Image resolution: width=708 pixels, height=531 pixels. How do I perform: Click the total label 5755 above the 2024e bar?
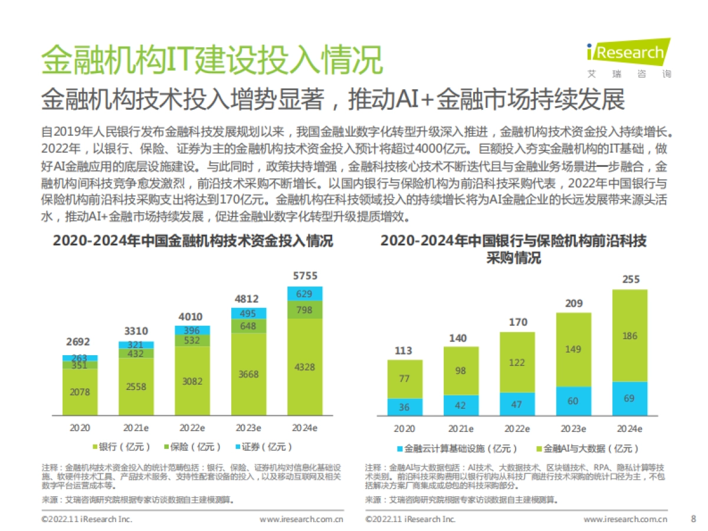305,276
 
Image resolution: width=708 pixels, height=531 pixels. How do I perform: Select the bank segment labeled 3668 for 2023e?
248,375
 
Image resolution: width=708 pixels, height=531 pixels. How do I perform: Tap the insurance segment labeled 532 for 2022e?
192,340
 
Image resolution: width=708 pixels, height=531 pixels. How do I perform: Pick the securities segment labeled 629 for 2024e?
305,293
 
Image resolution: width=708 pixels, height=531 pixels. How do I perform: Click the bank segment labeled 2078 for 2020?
80,392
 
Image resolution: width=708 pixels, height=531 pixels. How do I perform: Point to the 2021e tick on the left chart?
136,428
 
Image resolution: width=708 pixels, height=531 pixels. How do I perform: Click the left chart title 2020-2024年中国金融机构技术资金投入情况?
193,241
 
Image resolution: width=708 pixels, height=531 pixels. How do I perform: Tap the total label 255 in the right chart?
631,279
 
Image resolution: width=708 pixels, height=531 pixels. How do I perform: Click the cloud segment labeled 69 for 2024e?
630,399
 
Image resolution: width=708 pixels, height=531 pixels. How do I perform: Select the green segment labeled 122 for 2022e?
517,362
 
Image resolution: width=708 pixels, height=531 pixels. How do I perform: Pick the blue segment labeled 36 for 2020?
404,407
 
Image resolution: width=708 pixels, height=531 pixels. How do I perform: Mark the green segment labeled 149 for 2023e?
573,349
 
